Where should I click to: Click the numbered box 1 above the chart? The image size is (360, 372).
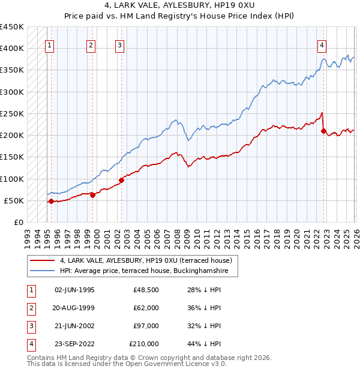[50, 44]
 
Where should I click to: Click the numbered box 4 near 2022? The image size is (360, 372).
[322, 44]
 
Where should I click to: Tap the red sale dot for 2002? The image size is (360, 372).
[121, 179]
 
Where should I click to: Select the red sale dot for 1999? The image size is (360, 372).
[93, 195]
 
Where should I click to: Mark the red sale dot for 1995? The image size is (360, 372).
[51, 201]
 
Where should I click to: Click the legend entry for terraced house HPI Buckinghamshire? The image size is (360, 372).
[148, 271]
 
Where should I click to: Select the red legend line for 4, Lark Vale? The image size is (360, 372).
[43, 260]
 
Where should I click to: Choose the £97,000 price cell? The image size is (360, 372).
[146, 326]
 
